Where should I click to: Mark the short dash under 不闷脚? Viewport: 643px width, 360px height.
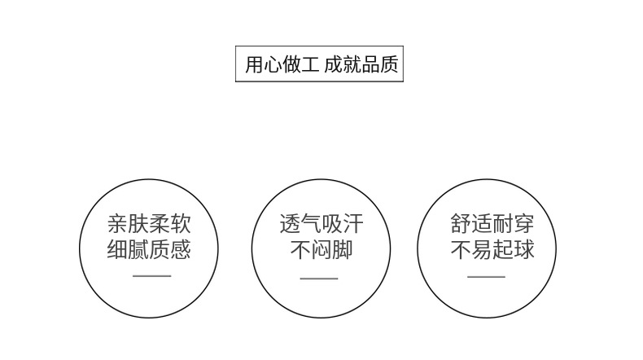[x=319, y=279]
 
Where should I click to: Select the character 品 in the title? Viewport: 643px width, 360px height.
[x=370, y=65]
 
